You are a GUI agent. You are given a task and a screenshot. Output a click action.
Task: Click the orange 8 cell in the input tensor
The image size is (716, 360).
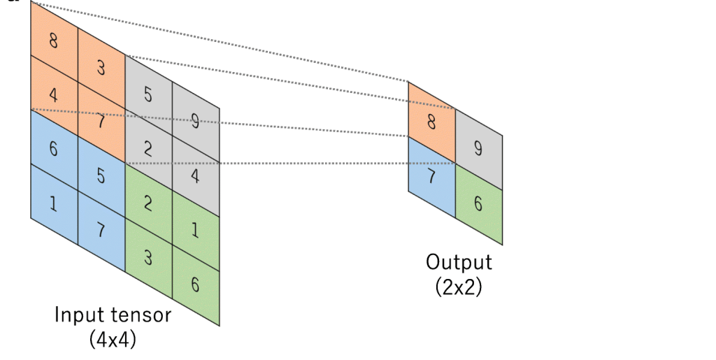[54, 41]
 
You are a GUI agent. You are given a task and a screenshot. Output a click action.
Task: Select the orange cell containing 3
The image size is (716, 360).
[101, 67]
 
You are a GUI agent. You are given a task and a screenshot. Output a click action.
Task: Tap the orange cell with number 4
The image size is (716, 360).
[54, 94]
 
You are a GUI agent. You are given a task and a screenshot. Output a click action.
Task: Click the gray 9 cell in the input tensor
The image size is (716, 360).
[195, 122]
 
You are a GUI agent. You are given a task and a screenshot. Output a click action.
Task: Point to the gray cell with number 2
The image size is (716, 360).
[148, 148]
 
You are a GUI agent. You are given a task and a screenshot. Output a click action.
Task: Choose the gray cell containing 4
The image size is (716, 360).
[195, 176]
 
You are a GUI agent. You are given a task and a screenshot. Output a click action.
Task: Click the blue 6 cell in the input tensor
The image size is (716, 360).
[54, 148]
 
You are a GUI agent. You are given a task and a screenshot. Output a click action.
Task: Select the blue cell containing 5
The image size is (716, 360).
[101, 176]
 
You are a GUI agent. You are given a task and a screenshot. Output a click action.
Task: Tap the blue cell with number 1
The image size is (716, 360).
[54, 203]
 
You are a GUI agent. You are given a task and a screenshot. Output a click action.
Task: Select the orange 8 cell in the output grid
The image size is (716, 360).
[431, 122]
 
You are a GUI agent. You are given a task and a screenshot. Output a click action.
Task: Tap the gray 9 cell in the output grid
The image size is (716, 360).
[478, 148]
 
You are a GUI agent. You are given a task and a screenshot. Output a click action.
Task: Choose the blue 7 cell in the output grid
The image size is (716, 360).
[431, 176]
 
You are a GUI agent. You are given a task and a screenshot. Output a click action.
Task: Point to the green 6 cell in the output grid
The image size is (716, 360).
[478, 203]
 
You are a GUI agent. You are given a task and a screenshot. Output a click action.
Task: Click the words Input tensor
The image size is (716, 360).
[113, 315]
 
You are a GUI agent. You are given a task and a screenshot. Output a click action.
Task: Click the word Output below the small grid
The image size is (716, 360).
[459, 263]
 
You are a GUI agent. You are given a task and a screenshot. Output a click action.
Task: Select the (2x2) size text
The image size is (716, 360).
[459, 287]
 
